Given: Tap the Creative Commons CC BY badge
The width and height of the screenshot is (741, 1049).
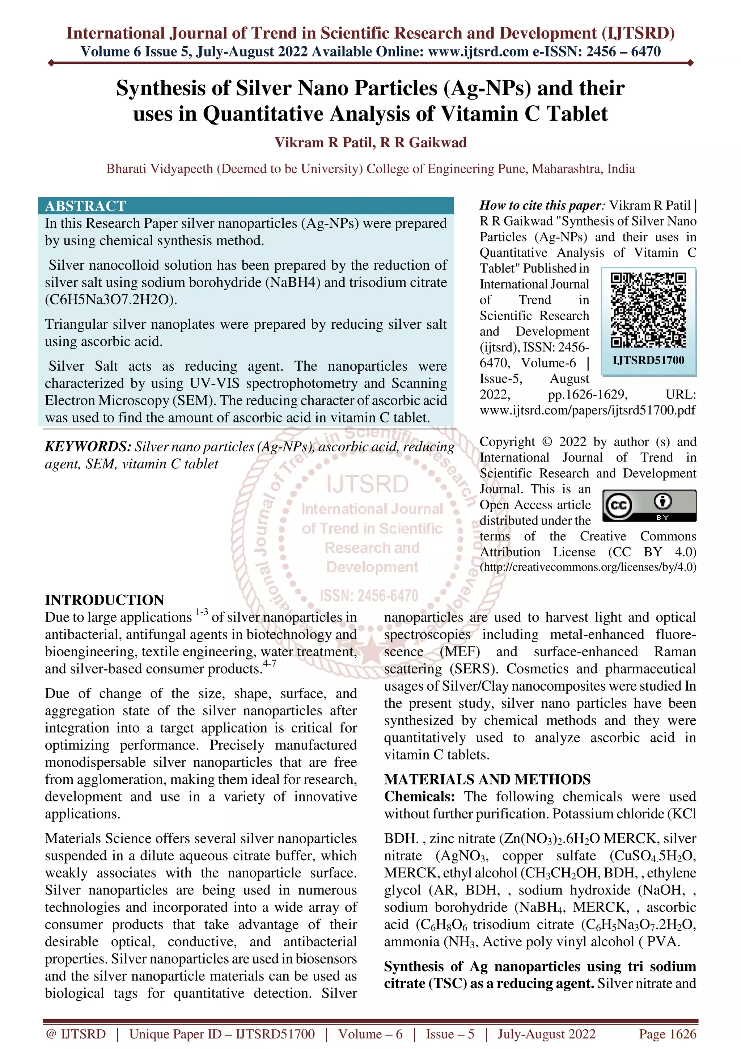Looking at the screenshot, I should click(649, 505).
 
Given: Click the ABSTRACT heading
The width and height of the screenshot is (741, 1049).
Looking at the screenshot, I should click(85, 206).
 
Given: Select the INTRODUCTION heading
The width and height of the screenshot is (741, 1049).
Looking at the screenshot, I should click(105, 600).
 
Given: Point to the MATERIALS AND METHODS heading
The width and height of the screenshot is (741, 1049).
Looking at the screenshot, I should click(487, 779).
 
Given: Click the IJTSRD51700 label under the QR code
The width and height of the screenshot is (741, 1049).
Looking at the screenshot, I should click(648, 360).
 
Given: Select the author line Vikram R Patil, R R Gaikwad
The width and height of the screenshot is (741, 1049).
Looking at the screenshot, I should click(370, 143).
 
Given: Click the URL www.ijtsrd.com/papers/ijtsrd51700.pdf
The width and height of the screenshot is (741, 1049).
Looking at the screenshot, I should click(588, 410).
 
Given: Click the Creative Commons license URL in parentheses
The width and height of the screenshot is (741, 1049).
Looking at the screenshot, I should click(588, 567).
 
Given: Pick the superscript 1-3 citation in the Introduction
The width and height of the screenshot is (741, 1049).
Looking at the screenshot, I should click(202, 612).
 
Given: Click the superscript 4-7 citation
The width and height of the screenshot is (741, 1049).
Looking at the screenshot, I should click(269, 663).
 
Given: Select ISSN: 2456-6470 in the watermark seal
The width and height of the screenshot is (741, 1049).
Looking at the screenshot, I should click(369, 596).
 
